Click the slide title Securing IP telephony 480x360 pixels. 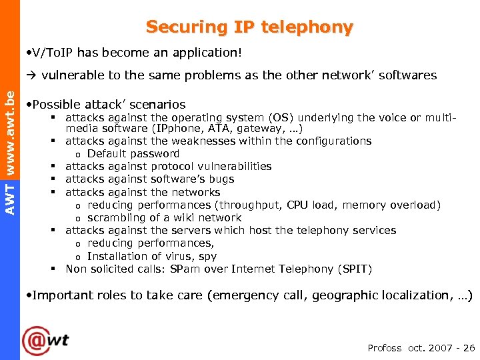[249, 27]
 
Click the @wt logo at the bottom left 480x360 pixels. [45, 341]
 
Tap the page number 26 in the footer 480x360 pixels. [469, 348]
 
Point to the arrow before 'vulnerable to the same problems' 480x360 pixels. [31, 75]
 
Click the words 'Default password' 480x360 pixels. [133, 154]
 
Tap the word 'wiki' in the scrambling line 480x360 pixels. [175, 218]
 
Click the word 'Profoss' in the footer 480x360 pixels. [385, 348]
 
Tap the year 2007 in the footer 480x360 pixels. [441, 348]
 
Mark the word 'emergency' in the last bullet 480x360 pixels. [243, 295]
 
